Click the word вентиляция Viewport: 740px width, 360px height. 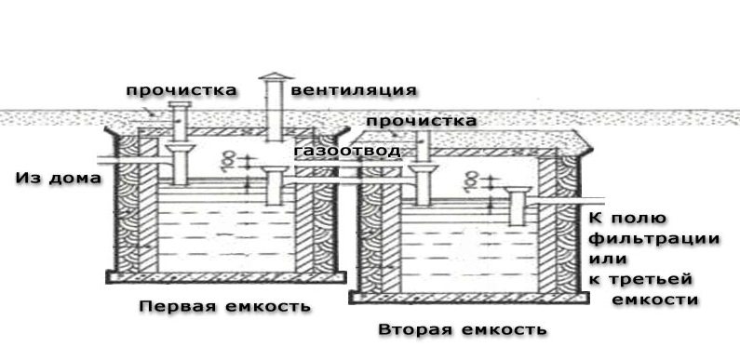click(354, 90)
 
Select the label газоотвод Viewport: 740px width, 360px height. click(347, 152)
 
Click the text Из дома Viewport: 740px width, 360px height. click(59, 179)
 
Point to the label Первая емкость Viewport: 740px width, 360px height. click(225, 306)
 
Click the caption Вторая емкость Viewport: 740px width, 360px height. click(463, 329)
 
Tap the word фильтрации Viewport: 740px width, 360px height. click(655, 239)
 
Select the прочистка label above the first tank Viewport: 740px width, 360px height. click(182, 90)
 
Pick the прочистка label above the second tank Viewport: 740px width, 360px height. click(422, 121)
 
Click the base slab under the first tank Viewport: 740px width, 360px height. click(226, 277)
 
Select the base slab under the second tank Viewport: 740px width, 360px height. click(469, 298)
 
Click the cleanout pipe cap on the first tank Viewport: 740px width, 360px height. click(180, 104)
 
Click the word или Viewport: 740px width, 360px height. click(608, 259)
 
